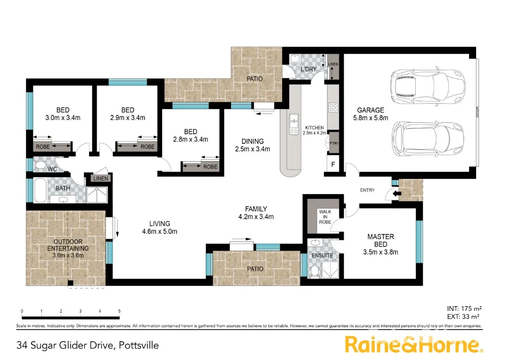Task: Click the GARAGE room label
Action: pyautogui.click(x=370, y=111)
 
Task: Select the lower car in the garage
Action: pyautogui.click(x=427, y=139)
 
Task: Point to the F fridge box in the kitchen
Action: pyautogui.click(x=333, y=165)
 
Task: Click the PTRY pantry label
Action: pyautogui.click(x=334, y=144)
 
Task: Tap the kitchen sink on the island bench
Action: pyautogui.click(x=293, y=124)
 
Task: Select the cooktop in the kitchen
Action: pyautogui.click(x=333, y=107)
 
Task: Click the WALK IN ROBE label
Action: pyautogui.click(x=325, y=217)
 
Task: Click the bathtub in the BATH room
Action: pyautogui.click(x=40, y=190)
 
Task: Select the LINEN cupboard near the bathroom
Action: pyautogui.click(x=100, y=179)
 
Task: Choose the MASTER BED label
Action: pyautogui.click(x=380, y=240)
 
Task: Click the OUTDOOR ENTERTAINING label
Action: pyautogui.click(x=68, y=245)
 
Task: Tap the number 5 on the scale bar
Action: pyautogui.click(x=120, y=311)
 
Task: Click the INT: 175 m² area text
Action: pyautogui.click(x=464, y=308)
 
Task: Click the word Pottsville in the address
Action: pyautogui.click(x=138, y=346)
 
